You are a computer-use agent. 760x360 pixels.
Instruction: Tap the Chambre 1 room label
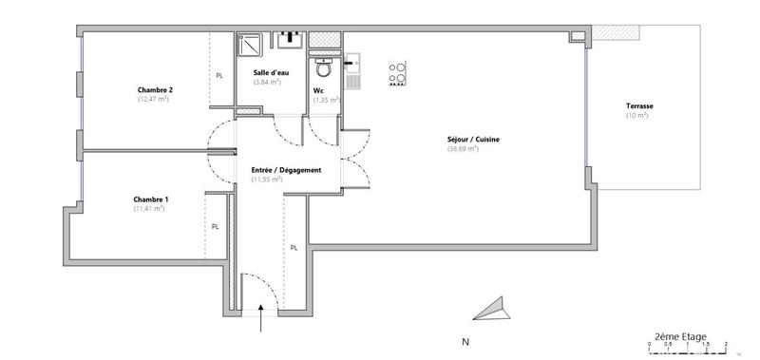(x=151, y=199)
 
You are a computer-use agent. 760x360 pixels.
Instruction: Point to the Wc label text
(x=319, y=91)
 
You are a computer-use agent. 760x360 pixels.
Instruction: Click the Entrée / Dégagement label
(x=286, y=170)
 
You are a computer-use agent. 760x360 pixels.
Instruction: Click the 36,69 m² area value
(x=463, y=149)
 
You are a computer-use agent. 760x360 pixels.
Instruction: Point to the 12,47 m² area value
(x=153, y=99)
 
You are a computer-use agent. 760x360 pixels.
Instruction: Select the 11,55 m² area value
(x=268, y=180)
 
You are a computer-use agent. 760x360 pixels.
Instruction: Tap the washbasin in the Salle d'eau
(x=289, y=40)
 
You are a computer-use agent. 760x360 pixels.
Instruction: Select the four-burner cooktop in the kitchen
(x=398, y=73)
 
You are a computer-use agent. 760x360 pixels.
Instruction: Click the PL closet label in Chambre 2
(x=219, y=75)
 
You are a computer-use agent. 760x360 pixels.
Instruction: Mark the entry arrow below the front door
(x=261, y=324)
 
